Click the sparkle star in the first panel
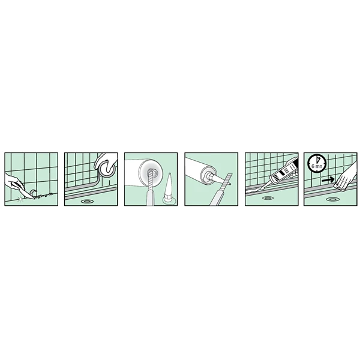(x=21, y=199)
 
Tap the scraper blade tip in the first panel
(x=34, y=198)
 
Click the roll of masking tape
(x=107, y=169)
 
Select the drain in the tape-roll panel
(x=87, y=202)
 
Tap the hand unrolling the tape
(x=106, y=163)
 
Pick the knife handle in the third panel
(x=149, y=198)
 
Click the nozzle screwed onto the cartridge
(x=214, y=177)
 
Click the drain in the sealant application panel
(x=268, y=197)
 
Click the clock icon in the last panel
(x=317, y=163)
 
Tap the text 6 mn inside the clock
(x=317, y=166)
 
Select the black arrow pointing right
(x=328, y=180)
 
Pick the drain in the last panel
(x=332, y=200)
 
